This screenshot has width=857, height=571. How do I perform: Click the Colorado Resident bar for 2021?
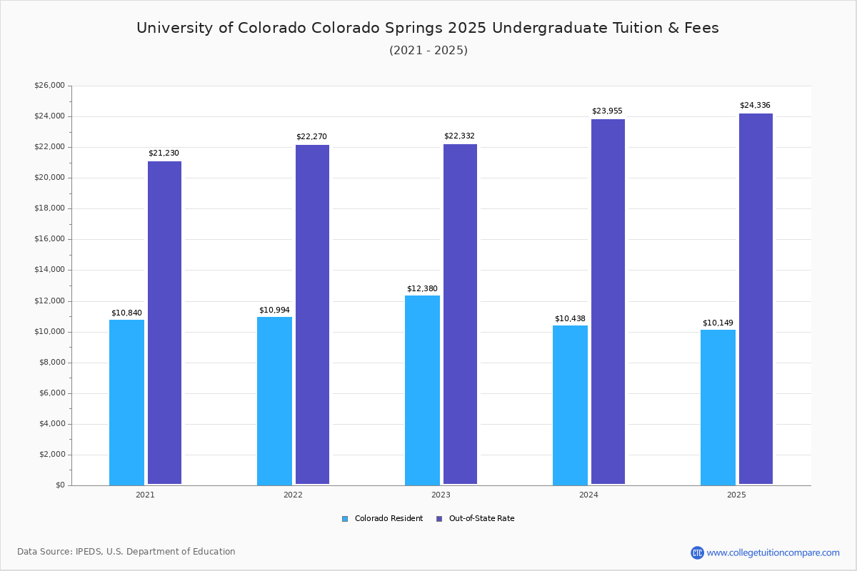[126, 402]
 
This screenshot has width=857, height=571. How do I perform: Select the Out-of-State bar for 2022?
[312, 315]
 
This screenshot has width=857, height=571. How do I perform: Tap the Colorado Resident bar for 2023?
[422, 390]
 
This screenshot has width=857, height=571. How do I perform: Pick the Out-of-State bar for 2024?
[608, 302]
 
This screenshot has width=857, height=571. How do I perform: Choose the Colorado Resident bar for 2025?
[718, 407]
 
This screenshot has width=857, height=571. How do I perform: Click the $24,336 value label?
[755, 106]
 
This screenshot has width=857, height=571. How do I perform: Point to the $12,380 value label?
[422, 288]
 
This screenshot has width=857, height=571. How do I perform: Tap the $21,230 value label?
[164, 153]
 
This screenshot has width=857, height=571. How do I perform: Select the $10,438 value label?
[570, 318]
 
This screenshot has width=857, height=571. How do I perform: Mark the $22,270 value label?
[311, 137]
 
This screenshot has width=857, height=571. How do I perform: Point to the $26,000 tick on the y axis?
[49, 86]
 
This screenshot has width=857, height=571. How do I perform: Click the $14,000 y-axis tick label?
[49, 270]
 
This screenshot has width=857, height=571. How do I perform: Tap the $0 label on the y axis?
[59, 485]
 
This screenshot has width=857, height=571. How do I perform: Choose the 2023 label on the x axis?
[441, 495]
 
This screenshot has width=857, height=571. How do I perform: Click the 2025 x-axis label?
[736, 495]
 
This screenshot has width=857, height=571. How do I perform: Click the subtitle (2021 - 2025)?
[428, 51]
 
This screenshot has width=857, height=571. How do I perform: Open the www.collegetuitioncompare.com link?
[773, 552]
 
